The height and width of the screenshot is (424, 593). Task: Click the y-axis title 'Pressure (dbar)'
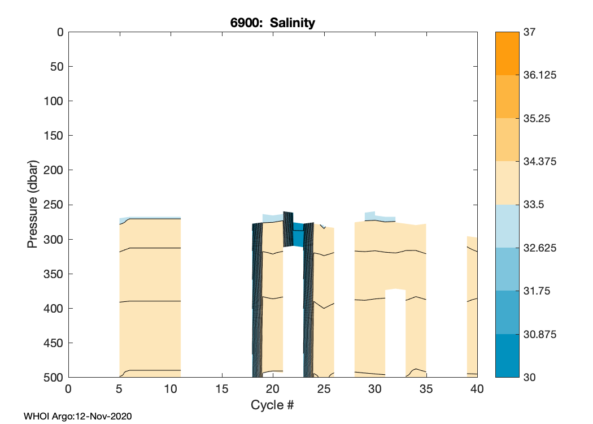[x=33, y=204]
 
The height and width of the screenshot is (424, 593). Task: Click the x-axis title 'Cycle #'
[x=273, y=405]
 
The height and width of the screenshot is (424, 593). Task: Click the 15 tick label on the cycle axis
[x=222, y=389]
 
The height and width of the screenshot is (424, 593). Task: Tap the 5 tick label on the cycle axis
[x=119, y=389]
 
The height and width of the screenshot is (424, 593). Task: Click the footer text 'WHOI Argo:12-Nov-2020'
[x=78, y=417]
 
